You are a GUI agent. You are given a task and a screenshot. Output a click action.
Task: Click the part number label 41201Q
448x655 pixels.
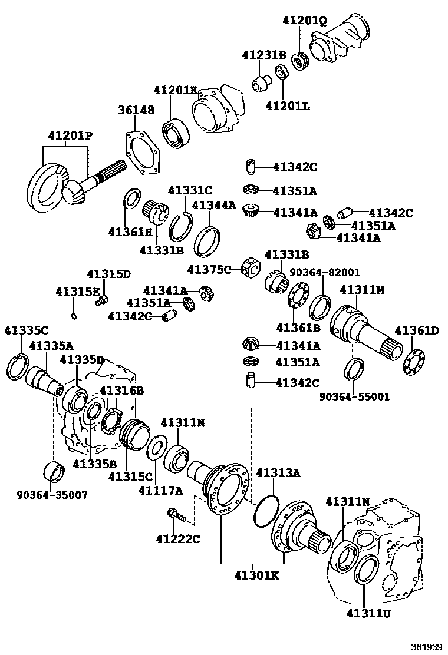coord(304,21)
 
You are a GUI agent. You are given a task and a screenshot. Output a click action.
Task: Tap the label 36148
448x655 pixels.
coord(136,110)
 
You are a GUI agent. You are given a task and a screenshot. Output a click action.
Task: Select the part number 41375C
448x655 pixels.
coord(209,269)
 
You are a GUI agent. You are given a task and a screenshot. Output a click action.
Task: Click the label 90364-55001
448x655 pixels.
coord(354,396)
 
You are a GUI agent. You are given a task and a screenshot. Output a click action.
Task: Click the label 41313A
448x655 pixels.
coord(278,472)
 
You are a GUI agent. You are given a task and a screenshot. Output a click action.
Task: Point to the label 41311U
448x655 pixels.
coord(369,613)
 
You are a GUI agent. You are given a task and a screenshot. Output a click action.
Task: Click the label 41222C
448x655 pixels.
coord(178,538)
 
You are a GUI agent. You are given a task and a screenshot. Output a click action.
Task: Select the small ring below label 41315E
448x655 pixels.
coord(74,316)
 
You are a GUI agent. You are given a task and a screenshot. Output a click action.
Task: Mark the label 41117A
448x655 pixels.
coord(160,490)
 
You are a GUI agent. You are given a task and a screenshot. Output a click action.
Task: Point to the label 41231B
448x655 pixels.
coord(263,55)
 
